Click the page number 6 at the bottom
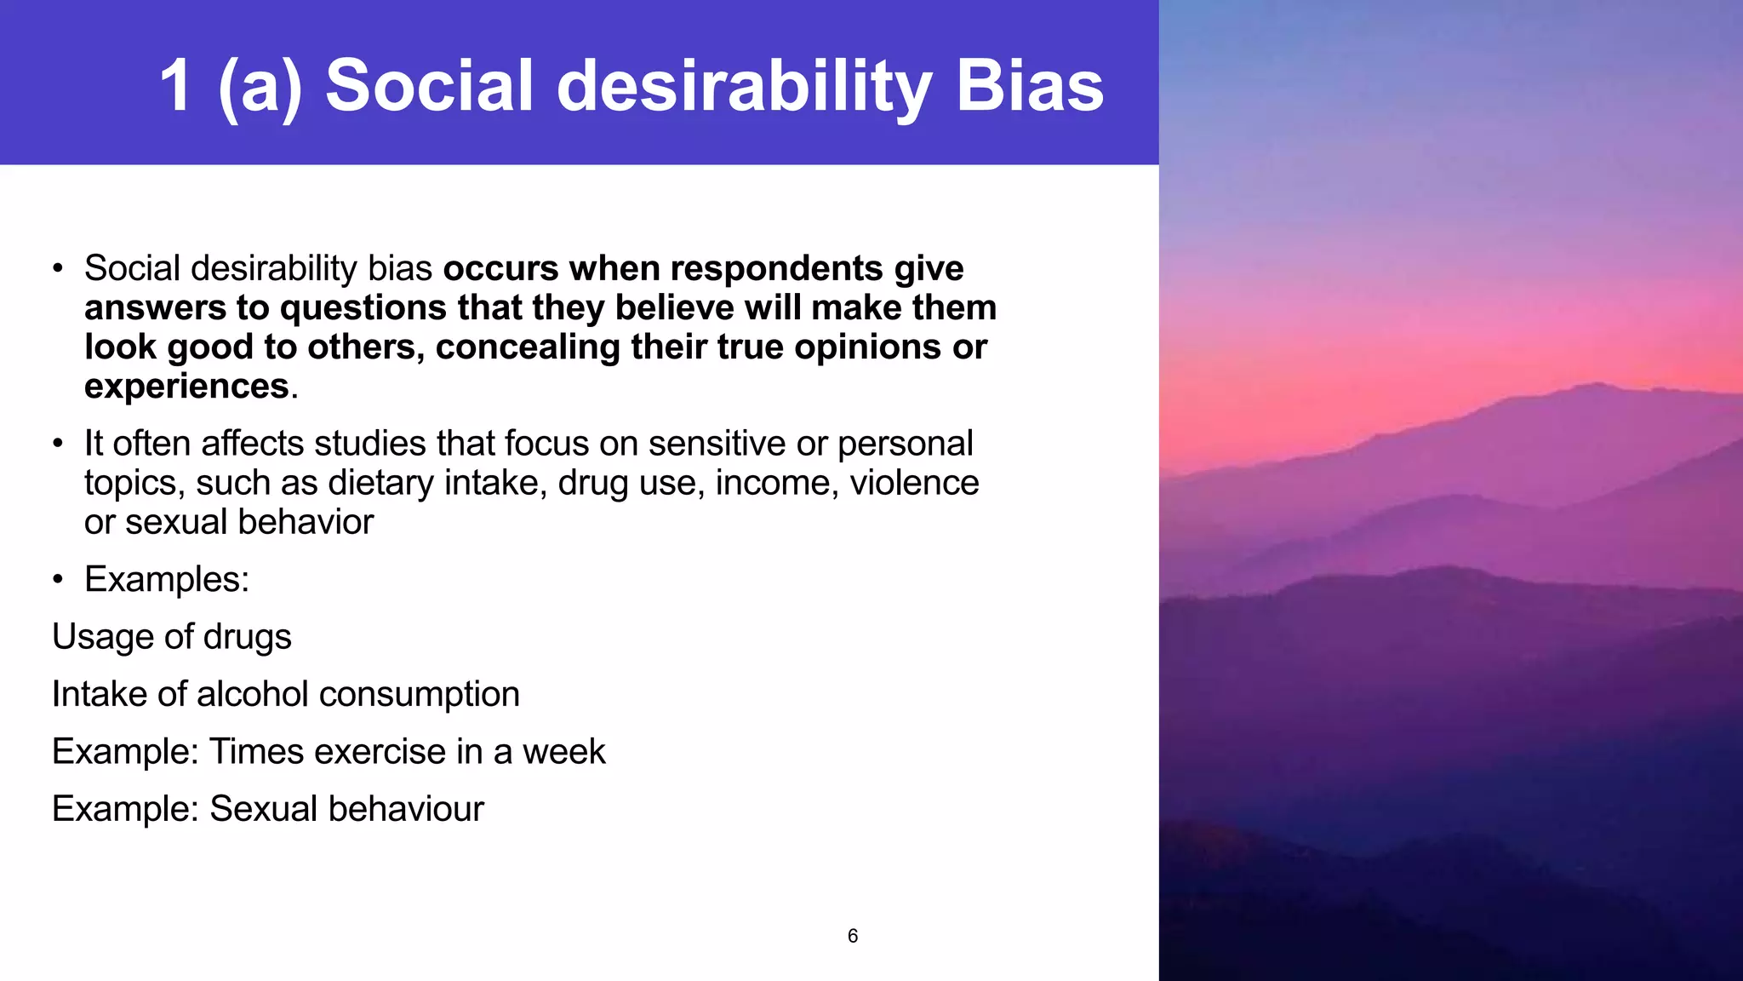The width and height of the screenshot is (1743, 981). pyautogui.click(x=853, y=936)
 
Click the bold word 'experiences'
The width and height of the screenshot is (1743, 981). pyautogui.click(x=187, y=386)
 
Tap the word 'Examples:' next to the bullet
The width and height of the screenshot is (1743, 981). pyautogui.click(x=167, y=579)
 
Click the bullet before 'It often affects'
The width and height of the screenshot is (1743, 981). pyautogui.click(x=57, y=444)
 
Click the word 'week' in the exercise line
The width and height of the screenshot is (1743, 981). pyautogui.click(x=563, y=751)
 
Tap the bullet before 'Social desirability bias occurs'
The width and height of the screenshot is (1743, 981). pyautogui.click(x=57, y=269)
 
